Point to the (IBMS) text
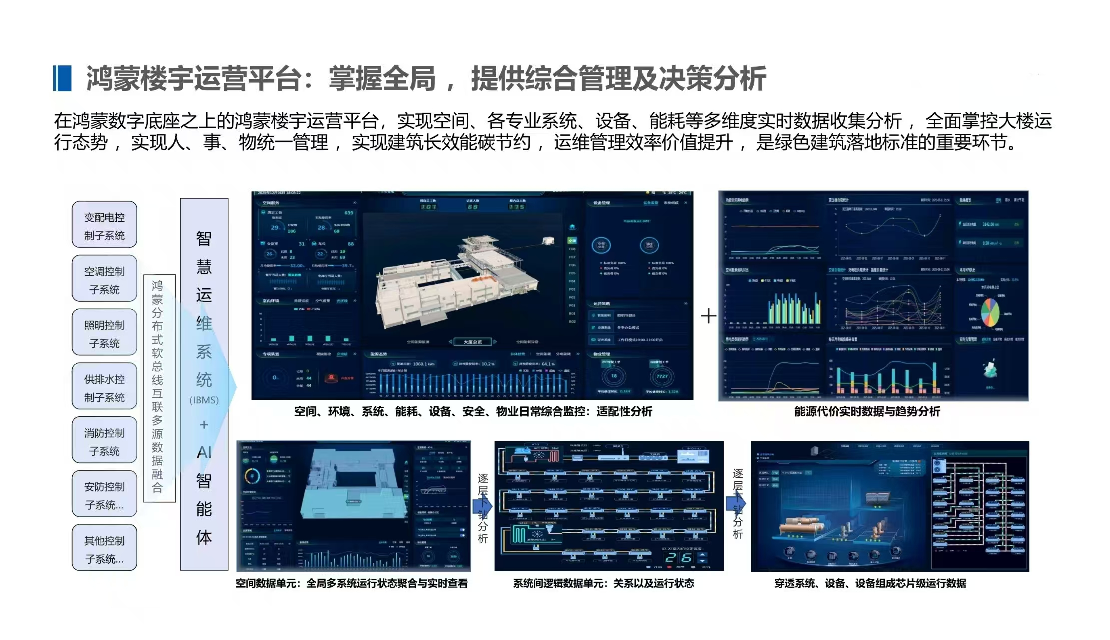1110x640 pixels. (204, 400)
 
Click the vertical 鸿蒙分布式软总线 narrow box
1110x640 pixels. (159, 388)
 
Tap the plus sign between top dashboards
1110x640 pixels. (708, 316)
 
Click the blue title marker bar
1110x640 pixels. (62, 78)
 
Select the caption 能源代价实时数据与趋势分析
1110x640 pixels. (867, 412)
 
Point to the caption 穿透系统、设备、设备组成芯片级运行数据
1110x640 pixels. (870, 584)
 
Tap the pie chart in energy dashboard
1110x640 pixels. (990, 312)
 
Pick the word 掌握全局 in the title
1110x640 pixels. (382, 79)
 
